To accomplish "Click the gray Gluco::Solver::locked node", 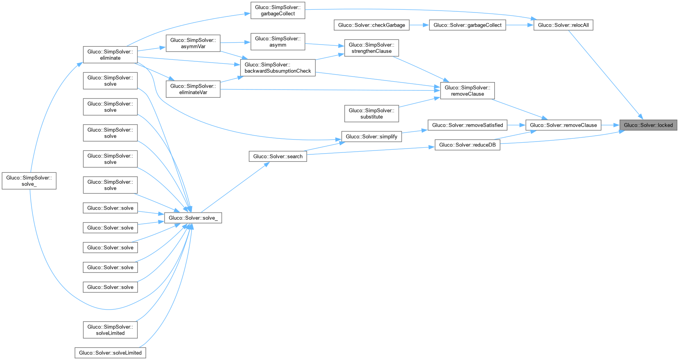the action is pos(648,125).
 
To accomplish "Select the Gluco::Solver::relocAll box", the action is pos(563,25).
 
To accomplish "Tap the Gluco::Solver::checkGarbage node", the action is pos(371,25).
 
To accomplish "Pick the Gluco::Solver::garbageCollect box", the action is pos(468,25).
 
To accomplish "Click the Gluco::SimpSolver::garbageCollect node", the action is pos(278,10).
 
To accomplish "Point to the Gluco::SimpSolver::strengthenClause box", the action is pos(371,48).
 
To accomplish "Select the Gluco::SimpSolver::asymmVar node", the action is pos(193,43).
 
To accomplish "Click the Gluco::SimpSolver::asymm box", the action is pos(278,41).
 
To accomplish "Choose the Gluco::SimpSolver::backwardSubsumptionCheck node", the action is pos(278,68).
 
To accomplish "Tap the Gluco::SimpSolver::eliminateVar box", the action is pos(193,89).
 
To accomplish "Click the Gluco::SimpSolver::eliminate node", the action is pos(110,55).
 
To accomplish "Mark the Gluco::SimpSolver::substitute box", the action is pos(371,113).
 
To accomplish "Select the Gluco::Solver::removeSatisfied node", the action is pos(468,125).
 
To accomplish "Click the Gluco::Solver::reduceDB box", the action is pos(468,145).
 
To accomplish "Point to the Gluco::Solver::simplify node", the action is pos(371,136).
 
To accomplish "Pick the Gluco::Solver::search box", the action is pos(278,156).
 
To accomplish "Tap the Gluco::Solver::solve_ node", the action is pos(193,218).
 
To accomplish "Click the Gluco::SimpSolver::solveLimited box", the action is pos(110,330).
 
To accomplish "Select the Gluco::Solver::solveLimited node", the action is pos(110,353).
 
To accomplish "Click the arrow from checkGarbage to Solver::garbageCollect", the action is pos(419,25).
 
